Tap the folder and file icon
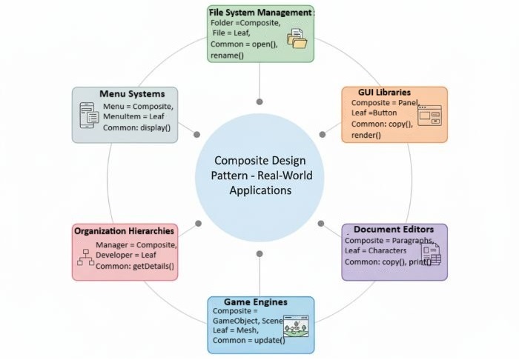tap(297, 39)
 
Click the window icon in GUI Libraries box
tap(429, 116)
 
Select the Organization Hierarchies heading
tap(125, 231)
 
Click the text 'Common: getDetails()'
tap(134, 266)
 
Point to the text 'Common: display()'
tap(136, 127)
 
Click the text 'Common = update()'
tap(248, 340)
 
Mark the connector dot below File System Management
tap(259, 101)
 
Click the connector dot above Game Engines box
tap(259, 254)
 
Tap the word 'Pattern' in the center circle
tap(231, 176)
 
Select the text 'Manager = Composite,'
tap(136, 244)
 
